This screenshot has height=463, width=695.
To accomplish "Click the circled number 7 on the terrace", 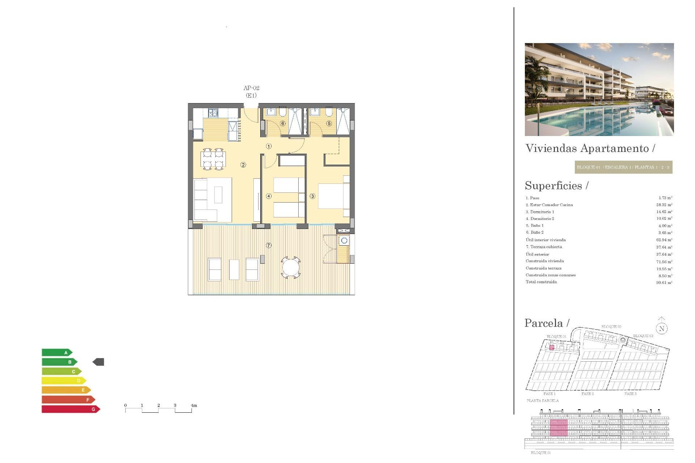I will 269,245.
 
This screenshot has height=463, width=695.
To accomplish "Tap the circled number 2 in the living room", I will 243,165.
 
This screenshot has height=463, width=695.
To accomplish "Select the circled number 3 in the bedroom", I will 312,196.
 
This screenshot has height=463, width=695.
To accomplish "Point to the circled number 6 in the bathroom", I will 283,123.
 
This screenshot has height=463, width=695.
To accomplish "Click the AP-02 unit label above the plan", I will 251,88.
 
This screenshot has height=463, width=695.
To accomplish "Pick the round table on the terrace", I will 291,268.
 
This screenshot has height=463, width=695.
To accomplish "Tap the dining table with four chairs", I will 213,159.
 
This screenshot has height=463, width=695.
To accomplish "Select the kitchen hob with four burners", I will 213,113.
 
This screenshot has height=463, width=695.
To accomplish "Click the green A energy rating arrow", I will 57,352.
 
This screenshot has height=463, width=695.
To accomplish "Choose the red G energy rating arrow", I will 71,409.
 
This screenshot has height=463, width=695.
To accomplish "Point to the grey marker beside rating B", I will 98,362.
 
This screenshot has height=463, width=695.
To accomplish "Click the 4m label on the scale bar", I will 194,405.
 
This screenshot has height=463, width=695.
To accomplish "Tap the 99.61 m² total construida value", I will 664,283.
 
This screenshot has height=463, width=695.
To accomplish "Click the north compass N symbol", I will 662,328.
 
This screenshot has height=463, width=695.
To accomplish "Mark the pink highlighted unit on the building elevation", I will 559,428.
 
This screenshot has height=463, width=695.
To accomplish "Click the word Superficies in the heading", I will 553,186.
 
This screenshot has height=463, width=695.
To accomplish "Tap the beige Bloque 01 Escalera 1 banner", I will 623,167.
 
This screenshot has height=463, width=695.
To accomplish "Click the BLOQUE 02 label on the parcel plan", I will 611,327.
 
